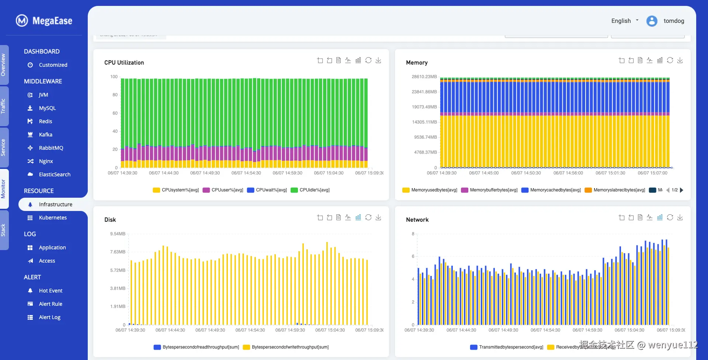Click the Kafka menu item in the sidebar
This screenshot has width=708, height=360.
tap(45, 135)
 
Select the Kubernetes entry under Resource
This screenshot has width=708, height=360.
tap(53, 218)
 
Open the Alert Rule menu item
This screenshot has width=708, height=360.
tap(51, 304)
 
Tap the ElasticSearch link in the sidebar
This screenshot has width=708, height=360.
tap(55, 174)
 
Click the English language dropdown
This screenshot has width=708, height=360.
tap(625, 21)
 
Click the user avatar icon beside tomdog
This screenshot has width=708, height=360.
tap(652, 21)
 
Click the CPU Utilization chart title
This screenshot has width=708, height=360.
tap(124, 63)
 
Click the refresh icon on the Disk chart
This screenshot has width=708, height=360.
tap(368, 217)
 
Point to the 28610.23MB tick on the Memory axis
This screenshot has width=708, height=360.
tap(424, 77)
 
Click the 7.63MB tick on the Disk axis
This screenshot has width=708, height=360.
tap(118, 252)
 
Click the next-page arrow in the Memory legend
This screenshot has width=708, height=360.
tap(682, 190)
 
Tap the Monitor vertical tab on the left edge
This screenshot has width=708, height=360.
tap(3, 189)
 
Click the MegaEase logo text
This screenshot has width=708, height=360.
tap(52, 21)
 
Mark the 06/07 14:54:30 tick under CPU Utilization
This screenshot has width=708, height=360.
tap(246, 173)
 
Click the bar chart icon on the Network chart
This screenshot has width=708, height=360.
tap(660, 217)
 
